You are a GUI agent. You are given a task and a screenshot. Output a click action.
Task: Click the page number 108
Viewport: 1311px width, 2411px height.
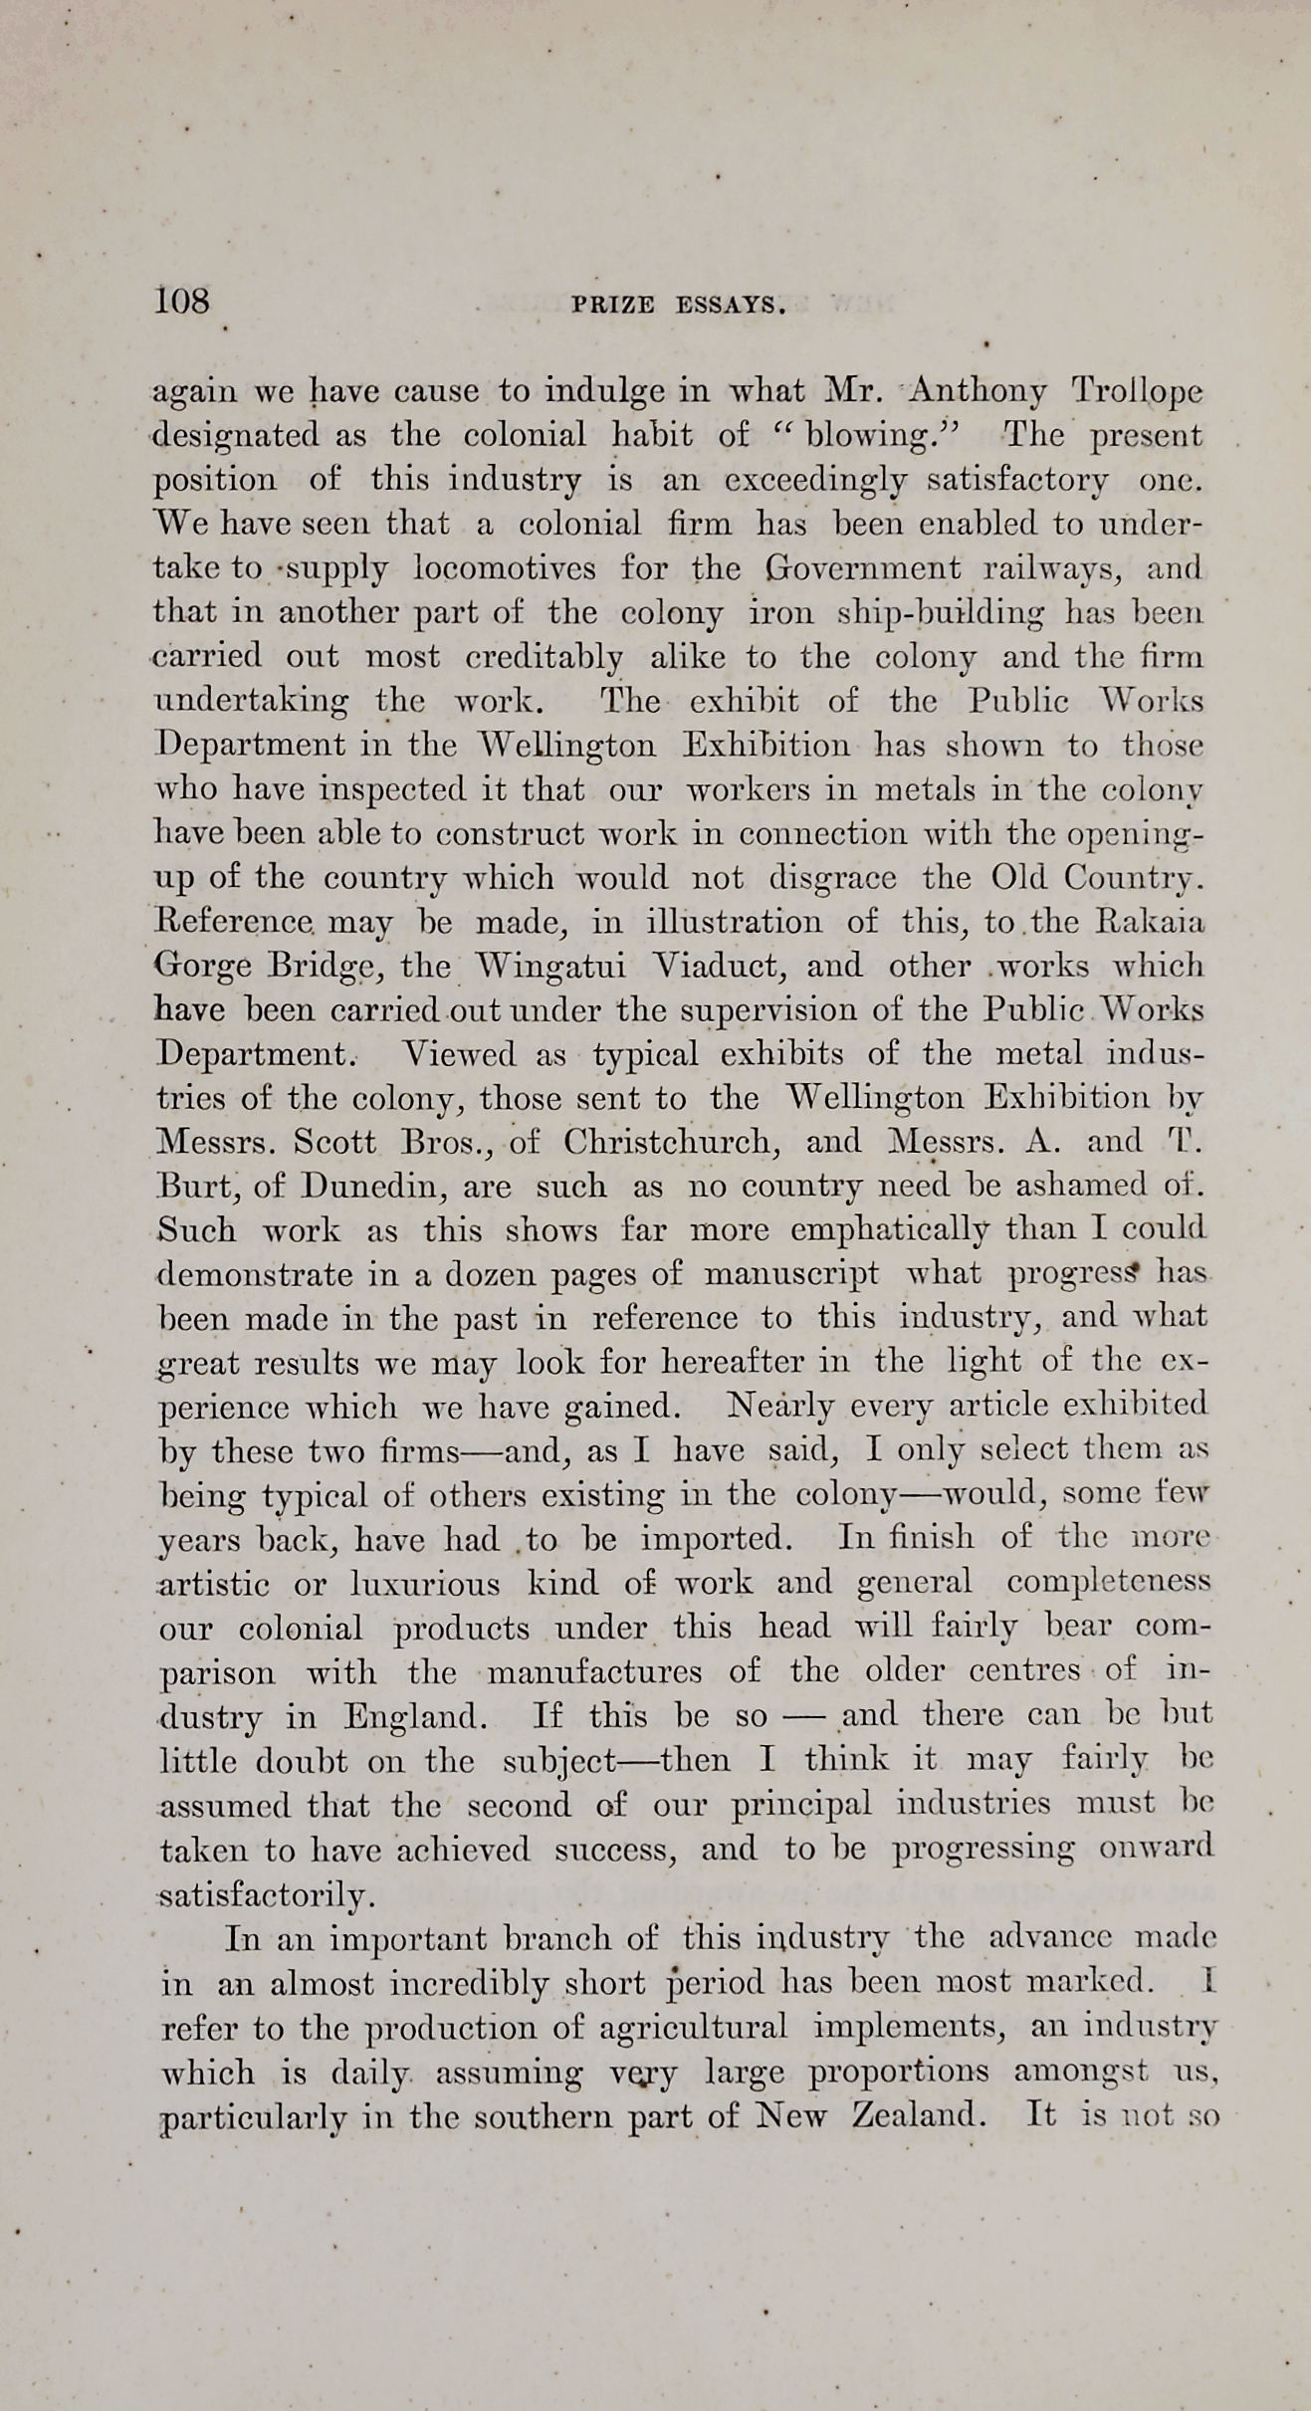point(182,300)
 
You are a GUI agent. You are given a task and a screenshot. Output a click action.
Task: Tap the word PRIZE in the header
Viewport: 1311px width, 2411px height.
point(613,306)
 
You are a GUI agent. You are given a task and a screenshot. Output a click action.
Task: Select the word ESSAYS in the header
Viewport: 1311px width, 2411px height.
point(731,306)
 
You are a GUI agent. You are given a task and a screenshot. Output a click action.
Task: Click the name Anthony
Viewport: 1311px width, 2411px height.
point(979,390)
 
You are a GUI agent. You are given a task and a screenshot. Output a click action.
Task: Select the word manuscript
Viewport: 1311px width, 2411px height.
point(792,1274)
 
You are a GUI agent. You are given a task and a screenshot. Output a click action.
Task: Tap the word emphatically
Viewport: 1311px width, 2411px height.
point(889,1230)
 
